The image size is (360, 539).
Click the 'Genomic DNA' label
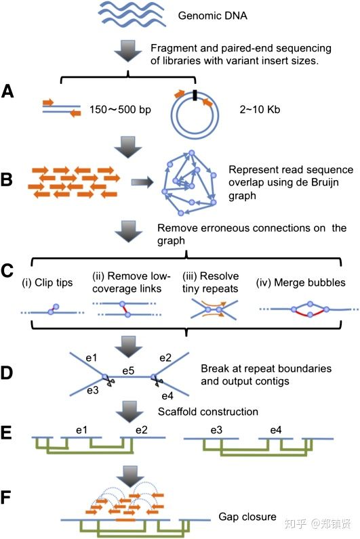(x=212, y=16)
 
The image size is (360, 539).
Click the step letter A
(x=7, y=91)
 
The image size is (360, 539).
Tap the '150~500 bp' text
(x=120, y=110)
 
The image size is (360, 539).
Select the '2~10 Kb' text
(x=260, y=110)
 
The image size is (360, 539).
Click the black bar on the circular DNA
(x=195, y=95)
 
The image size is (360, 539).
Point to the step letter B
(x=7, y=180)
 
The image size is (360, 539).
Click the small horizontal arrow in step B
(x=142, y=182)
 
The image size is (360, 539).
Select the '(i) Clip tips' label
(x=47, y=282)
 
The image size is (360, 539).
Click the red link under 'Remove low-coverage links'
(x=125, y=309)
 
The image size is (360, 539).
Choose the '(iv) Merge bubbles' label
(x=300, y=282)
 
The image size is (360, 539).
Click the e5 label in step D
(x=128, y=371)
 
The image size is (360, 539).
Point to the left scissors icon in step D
(x=110, y=381)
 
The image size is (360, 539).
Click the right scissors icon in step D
(x=159, y=380)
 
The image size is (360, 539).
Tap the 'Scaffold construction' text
(x=208, y=412)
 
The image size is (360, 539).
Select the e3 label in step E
(x=216, y=430)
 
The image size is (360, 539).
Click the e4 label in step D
(x=167, y=396)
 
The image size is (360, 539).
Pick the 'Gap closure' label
(x=247, y=517)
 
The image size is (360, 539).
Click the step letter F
(x=6, y=498)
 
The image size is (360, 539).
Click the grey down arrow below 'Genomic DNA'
(x=128, y=51)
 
